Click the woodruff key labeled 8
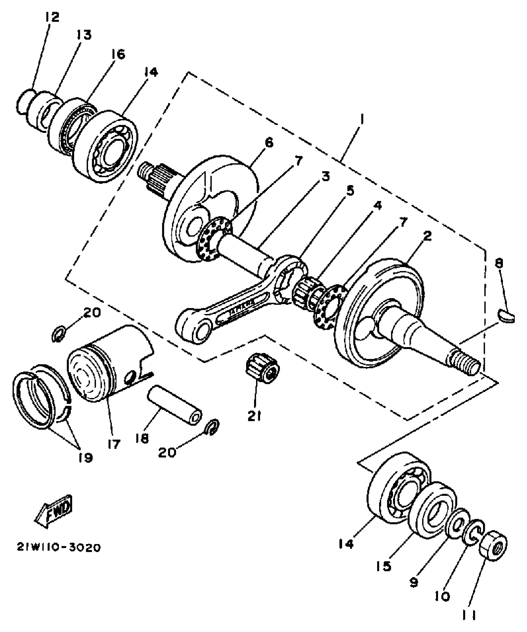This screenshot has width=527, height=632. point(506,316)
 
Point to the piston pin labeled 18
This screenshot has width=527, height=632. point(175,405)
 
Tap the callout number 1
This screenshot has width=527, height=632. point(361,120)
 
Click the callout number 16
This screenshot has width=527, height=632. point(118,54)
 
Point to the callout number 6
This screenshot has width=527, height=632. point(269,143)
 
